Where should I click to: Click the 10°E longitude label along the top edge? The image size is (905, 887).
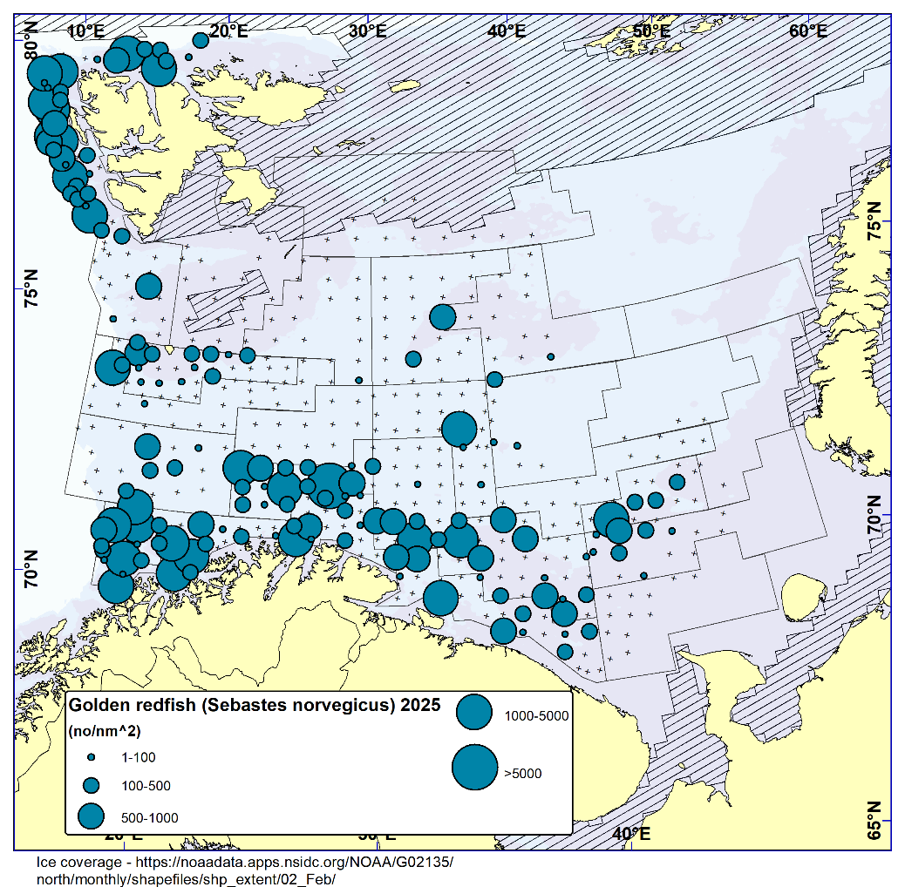[85, 30]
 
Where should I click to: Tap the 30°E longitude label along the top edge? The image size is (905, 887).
[367, 30]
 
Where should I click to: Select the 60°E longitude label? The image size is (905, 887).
[808, 30]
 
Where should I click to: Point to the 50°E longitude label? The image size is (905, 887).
[651, 30]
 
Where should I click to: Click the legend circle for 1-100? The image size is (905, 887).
[91, 758]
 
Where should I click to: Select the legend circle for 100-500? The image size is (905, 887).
[91, 786]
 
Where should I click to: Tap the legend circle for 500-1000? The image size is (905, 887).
[91, 816]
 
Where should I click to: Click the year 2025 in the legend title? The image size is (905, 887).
[419, 704]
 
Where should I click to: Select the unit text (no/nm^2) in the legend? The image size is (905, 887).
[105, 731]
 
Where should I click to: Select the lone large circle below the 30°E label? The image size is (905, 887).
[443, 316]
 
